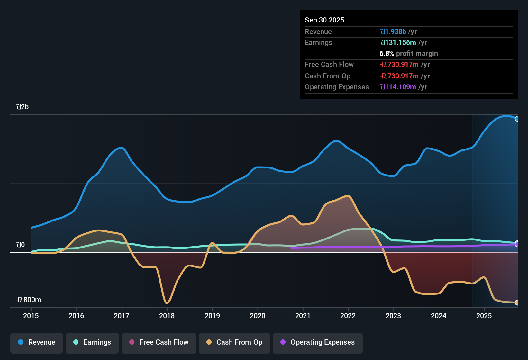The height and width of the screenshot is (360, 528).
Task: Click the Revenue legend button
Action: pos(37,342)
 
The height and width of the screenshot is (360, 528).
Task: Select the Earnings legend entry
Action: pos(92,342)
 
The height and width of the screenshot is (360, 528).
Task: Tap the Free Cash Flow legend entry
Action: pos(159,342)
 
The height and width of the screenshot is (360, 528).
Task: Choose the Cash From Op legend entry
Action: pos(234,342)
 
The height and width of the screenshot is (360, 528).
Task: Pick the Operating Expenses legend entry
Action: pos(318,342)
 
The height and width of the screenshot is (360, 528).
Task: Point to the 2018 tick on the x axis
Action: pos(167,316)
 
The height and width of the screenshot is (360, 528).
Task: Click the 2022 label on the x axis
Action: pos(348,316)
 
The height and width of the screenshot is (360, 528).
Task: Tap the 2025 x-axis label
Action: pos(484,316)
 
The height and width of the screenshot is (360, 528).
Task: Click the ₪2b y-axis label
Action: pos(22,107)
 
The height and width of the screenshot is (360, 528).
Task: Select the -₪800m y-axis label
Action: pos(28,300)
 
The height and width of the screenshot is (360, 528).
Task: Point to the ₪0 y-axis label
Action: pos(20,245)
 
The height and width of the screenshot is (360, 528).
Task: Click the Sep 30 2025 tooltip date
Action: pos(324,20)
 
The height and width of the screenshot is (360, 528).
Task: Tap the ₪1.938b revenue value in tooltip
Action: pos(393,32)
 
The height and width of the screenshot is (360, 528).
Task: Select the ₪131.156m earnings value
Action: pos(398,42)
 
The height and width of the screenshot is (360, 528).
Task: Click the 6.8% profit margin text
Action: pos(409,53)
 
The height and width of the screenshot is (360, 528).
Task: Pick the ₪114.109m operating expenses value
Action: pos(398,87)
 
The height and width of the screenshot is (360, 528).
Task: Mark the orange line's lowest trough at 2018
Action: pos(167,303)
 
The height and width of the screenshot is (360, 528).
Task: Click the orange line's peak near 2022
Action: pos(348,196)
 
